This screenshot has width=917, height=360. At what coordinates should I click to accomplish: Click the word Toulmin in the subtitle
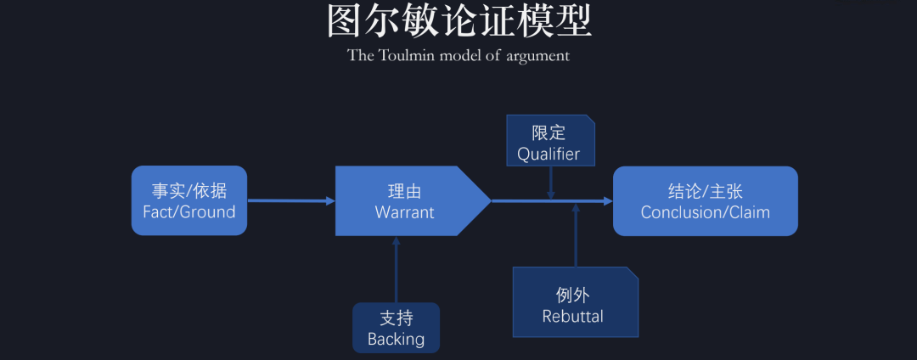[413, 56]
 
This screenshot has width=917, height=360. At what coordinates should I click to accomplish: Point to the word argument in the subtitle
[537, 57]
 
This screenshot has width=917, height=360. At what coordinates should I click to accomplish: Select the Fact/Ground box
[188, 200]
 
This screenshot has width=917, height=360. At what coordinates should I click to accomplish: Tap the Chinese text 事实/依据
[188, 190]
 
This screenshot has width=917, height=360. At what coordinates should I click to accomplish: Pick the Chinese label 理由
[404, 190]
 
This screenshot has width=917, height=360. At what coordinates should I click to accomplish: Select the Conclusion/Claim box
[705, 200]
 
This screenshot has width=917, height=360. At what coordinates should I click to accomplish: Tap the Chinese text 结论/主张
[705, 190]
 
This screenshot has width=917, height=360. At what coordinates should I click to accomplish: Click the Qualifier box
[549, 141]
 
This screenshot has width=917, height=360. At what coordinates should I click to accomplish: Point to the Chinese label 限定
[549, 132]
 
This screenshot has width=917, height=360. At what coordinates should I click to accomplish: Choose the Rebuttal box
[575, 301]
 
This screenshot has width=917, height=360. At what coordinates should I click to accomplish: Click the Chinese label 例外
[573, 295]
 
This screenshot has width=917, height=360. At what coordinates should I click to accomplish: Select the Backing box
[396, 327]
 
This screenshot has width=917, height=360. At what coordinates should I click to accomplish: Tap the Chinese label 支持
[396, 318]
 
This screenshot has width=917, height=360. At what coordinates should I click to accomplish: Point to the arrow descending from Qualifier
[551, 182]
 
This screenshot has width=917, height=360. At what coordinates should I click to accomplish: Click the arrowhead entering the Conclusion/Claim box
[607, 201]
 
